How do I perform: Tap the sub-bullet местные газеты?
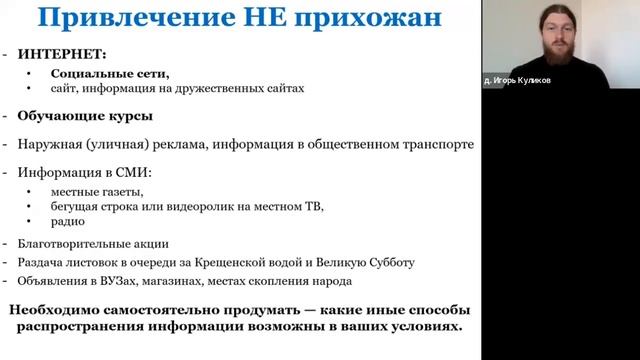[94, 191]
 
